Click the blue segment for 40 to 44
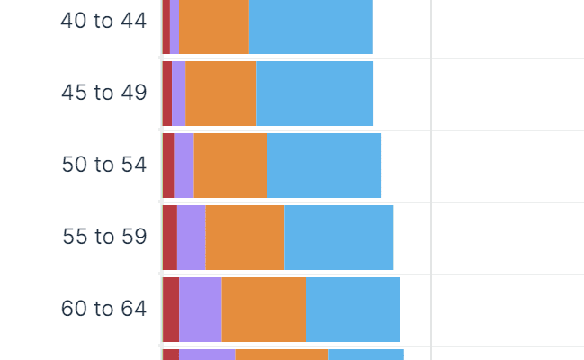click(x=310, y=27)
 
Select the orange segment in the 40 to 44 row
click(x=214, y=27)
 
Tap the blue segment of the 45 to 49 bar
click(x=315, y=94)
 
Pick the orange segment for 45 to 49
click(x=221, y=94)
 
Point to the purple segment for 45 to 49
click(x=179, y=94)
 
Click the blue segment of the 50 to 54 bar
click(x=324, y=166)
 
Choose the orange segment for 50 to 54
click(x=231, y=166)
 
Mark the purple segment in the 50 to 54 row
click(x=184, y=166)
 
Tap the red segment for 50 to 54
click(x=168, y=166)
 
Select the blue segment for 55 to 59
click(x=338, y=238)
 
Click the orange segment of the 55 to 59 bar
click(x=245, y=238)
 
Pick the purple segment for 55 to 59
click(x=192, y=238)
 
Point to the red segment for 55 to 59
click(x=170, y=238)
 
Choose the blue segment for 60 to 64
click(x=352, y=310)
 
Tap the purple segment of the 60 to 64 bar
click(x=201, y=310)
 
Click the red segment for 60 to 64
click(x=171, y=310)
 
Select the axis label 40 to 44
click(x=103, y=21)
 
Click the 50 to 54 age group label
click(x=103, y=165)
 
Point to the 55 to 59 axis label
click(x=104, y=237)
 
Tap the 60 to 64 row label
click(x=103, y=309)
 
